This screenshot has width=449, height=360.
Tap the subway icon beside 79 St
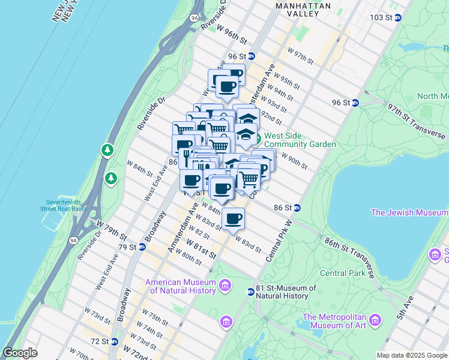pos(142,247)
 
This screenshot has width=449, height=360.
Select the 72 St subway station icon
pos(113,341)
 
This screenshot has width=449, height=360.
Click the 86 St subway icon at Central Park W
pos(297,208)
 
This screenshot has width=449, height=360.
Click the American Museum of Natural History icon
pos(226,284)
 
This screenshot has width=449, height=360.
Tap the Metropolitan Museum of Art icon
pos(376,319)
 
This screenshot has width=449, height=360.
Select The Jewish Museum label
pos(409,212)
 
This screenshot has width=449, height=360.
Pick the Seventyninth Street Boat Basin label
pos(63,205)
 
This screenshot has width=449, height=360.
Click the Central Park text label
pos(342,273)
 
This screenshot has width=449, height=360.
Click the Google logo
pos(20,353)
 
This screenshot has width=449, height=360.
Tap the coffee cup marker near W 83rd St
pos(233,220)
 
